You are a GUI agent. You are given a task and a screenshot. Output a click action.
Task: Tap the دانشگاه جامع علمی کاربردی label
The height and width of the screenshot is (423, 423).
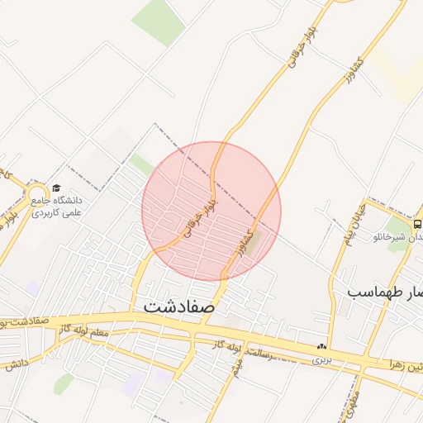point(69,206)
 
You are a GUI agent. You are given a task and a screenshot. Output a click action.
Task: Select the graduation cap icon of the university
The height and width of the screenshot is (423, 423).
point(56,188)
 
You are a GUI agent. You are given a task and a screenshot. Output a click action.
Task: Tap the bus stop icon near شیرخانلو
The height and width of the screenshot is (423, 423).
point(416,224)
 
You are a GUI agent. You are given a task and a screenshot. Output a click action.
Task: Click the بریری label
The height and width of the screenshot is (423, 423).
point(322,362)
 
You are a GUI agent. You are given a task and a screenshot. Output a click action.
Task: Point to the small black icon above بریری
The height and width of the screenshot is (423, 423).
point(321,346)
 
